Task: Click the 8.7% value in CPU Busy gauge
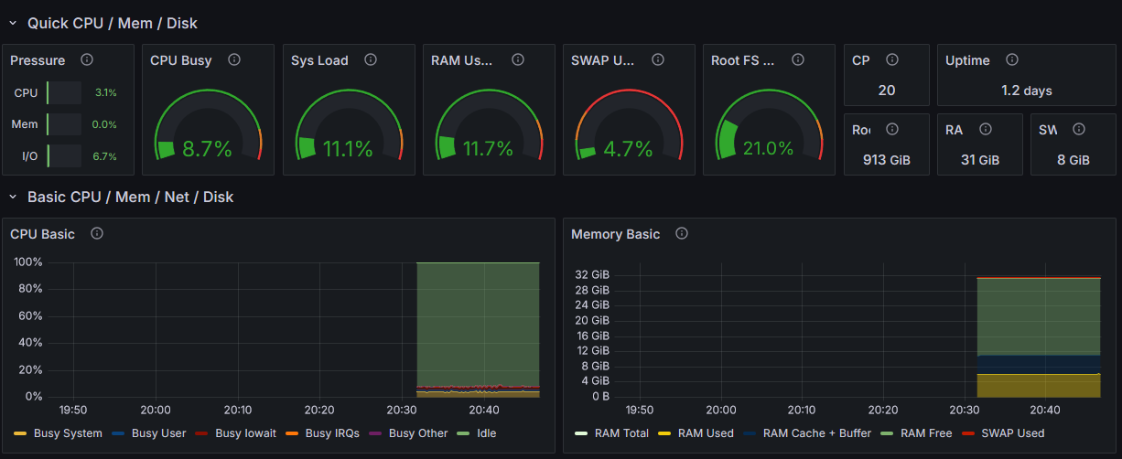click(207, 149)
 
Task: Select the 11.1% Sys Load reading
click(348, 149)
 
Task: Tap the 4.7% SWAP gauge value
click(628, 149)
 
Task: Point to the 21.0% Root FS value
click(768, 148)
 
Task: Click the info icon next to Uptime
click(1012, 59)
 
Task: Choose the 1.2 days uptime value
click(1027, 91)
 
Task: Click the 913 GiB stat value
click(887, 160)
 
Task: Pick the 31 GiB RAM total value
click(980, 160)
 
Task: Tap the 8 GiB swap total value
click(1073, 160)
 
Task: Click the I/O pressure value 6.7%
click(104, 156)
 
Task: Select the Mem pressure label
click(25, 124)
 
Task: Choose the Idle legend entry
click(486, 432)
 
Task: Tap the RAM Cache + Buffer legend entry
click(817, 432)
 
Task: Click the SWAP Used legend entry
click(1012, 432)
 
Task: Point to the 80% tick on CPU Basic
click(29, 289)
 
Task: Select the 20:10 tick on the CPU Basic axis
click(237, 411)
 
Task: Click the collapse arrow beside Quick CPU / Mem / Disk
click(13, 23)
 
